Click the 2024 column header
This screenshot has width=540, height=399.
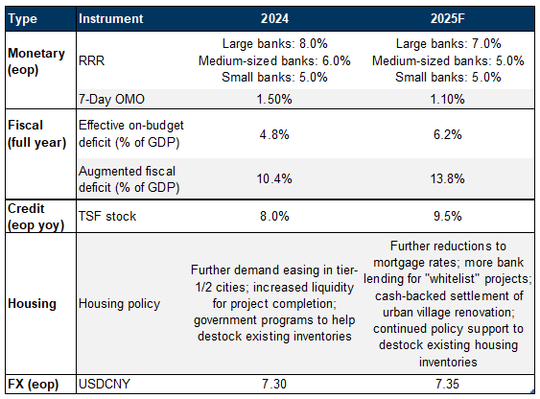point(274,18)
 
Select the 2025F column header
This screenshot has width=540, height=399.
point(447,18)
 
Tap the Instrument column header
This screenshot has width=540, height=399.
point(110,18)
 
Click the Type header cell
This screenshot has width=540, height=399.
point(22,19)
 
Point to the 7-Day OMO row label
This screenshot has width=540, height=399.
point(111,99)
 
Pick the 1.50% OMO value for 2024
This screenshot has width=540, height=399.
point(274,99)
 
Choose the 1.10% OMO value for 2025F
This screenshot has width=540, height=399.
point(447,99)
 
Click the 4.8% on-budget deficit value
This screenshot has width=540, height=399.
point(274,134)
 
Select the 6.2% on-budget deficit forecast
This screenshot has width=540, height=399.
point(447,134)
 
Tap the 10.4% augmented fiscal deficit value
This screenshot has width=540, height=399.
point(274,178)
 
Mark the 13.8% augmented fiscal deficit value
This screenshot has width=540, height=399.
point(447,178)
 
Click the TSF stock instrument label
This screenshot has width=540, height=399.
point(107,216)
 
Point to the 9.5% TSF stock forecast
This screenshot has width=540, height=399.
point(447,216)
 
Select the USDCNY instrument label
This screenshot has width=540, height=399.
point(104,384)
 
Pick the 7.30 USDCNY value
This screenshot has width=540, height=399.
point(274,384)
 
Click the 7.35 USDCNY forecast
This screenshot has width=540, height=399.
point(447,384)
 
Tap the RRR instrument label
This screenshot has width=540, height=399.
point(91,61)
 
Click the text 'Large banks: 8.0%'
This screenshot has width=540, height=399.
point(274,44)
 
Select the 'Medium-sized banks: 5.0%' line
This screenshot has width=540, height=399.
point(448,61)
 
